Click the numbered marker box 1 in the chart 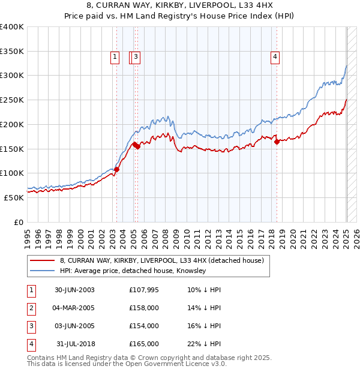pos(115,57)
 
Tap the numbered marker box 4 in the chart pos(275,57)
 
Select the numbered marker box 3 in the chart pos(137,57)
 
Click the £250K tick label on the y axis pos(13,100)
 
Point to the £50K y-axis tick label pos(14,197)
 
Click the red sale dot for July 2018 pos(277,142)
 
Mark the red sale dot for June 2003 pos(117,169)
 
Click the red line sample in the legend pos(41,261)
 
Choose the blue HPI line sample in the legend pos(41,271)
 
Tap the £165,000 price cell pos(143,344)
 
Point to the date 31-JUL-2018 pos(74,344)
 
